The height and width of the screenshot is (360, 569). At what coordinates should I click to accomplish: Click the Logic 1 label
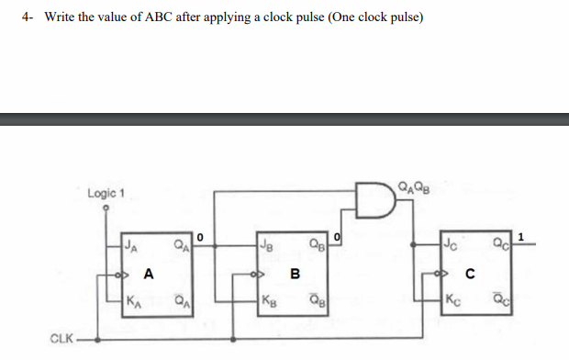click(x=106, y=194)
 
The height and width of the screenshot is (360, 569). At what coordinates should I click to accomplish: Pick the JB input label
click(x=267, y=244)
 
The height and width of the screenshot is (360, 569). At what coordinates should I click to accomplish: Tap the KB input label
click(x=267, y=298)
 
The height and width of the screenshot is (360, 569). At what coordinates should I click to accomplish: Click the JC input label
click(x=451, y=243)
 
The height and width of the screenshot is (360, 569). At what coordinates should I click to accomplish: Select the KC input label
click(x=451, y=298)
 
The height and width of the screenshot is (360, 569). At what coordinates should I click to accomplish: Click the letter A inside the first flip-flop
click(x=148, y=273)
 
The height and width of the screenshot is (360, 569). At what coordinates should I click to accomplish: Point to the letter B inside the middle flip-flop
click(x=295, y=273)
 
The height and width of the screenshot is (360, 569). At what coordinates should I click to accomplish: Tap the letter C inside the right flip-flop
click(x=469, y=273)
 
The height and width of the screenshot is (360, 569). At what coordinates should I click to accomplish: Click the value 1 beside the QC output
click(x=522, y=238)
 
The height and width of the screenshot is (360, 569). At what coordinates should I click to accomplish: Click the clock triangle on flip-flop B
click(x=260, y=273)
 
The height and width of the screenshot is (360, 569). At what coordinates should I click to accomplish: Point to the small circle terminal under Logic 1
click(x=107, y=208)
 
